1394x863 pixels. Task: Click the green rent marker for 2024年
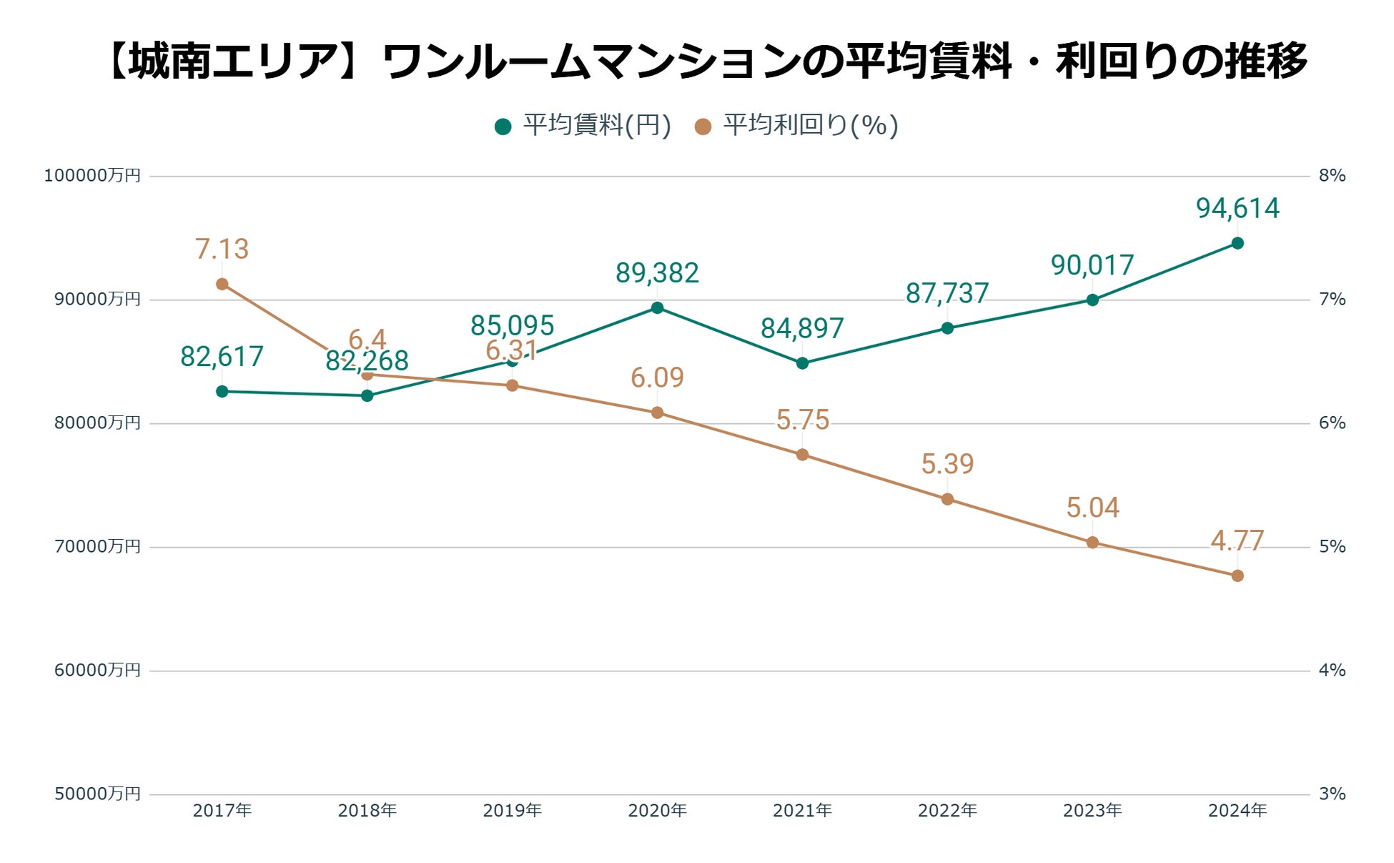[x=1237, y=243]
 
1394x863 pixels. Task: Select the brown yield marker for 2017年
[x=222, y=284]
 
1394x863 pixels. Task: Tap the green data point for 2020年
[x=657, y=308]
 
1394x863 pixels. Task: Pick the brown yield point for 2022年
[x=947, y=499]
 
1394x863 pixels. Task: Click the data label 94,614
[x=1237, y=208]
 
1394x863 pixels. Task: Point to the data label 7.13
[x=222, y=249]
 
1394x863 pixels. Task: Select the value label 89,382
[x=657, y=272]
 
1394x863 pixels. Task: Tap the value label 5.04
[x=1092, y=508]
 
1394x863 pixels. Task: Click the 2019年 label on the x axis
[x=512, y=810]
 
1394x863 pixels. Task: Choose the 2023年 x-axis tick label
[x=1092, y=810]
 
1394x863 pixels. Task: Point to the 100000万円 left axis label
[x=92, y=176]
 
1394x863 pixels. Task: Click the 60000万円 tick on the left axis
[x=97, y=670]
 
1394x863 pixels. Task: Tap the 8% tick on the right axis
[x=1332, y=176]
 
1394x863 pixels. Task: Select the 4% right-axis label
[x=1332, y=670]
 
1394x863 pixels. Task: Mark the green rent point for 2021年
[x=802, y=363]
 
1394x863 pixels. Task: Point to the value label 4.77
[x=1237, y=541]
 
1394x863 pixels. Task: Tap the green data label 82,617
[x=222, y=356]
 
